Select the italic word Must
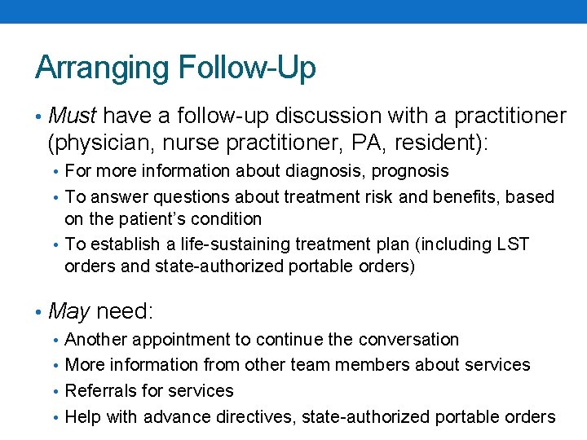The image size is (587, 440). (x=73, y=117)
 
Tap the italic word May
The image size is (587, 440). (x=69, y=310)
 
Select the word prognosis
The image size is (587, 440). (x=411, y=171)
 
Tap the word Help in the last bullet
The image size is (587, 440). (x=82, y=417)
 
